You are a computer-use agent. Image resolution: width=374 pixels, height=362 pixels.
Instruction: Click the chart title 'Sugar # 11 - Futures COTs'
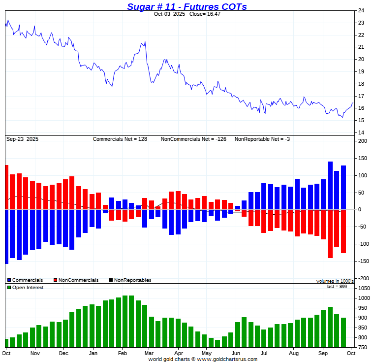coord(187,6)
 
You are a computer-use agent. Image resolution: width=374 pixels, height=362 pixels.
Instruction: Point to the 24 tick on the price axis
coord(361,11)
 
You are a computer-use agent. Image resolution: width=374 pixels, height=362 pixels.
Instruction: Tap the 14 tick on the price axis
coord(361,132)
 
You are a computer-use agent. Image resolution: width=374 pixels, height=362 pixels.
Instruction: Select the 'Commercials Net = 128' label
coord(120,139)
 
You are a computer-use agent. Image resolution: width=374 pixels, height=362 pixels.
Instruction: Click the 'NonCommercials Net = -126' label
coord(193,139)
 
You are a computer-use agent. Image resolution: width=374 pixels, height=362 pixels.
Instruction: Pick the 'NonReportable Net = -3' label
coord(262,139)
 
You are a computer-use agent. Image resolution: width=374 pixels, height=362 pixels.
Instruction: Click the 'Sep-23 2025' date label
coord(22,139)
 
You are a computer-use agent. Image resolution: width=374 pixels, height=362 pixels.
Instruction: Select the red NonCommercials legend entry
coord(76,280)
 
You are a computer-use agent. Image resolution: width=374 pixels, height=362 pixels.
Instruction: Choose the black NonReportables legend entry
coord(130,280)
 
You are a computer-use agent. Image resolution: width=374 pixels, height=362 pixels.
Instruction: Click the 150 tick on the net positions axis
coord(362,158)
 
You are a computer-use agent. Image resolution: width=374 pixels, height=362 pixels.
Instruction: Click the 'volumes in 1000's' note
coord(335,281)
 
